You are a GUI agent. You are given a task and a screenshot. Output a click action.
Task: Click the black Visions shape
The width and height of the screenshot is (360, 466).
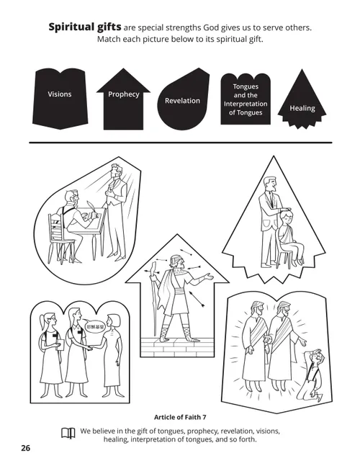59,94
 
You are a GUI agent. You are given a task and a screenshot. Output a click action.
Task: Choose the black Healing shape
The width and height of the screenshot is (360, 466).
302,105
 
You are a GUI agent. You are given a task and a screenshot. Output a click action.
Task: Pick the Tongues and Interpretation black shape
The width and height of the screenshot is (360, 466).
245,99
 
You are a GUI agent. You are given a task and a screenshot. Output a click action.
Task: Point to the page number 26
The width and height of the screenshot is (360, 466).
25,448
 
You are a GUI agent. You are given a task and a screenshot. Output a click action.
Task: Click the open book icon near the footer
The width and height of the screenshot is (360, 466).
68,434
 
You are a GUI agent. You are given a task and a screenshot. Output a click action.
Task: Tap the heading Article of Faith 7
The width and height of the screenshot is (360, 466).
180,416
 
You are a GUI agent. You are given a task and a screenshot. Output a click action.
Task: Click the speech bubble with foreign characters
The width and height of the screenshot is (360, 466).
95,326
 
